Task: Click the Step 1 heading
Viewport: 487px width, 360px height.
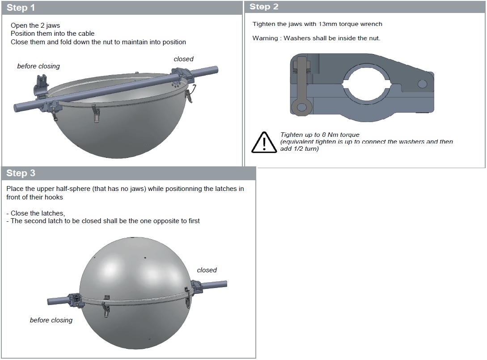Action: click(x=21, y=8)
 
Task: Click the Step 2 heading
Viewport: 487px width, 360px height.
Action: click(x=264, y=7)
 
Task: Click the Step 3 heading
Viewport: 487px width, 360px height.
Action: click(x=21, y=173)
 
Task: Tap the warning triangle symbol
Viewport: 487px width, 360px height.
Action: click(x=264, y=142)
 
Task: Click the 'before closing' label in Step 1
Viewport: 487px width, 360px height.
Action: click(x=38, y=66)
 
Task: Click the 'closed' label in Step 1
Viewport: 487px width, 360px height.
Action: click(x=183, y=59)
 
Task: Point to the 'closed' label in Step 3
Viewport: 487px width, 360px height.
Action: click(x=207, y=270)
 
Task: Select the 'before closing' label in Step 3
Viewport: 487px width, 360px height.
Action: click(x=51, y=320)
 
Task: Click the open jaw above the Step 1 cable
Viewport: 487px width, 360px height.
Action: click(x=41, y=85)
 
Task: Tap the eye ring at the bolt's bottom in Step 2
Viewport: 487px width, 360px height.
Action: click(x=301, y=107)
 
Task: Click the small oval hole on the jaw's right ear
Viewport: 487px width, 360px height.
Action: click(x=423, y=84)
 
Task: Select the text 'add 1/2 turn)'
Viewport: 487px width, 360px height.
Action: click(x=300, y=149)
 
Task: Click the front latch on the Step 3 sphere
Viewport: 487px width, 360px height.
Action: click(x=106, y=309)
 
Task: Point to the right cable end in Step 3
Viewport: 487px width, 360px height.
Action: click(x=224, y=284)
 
